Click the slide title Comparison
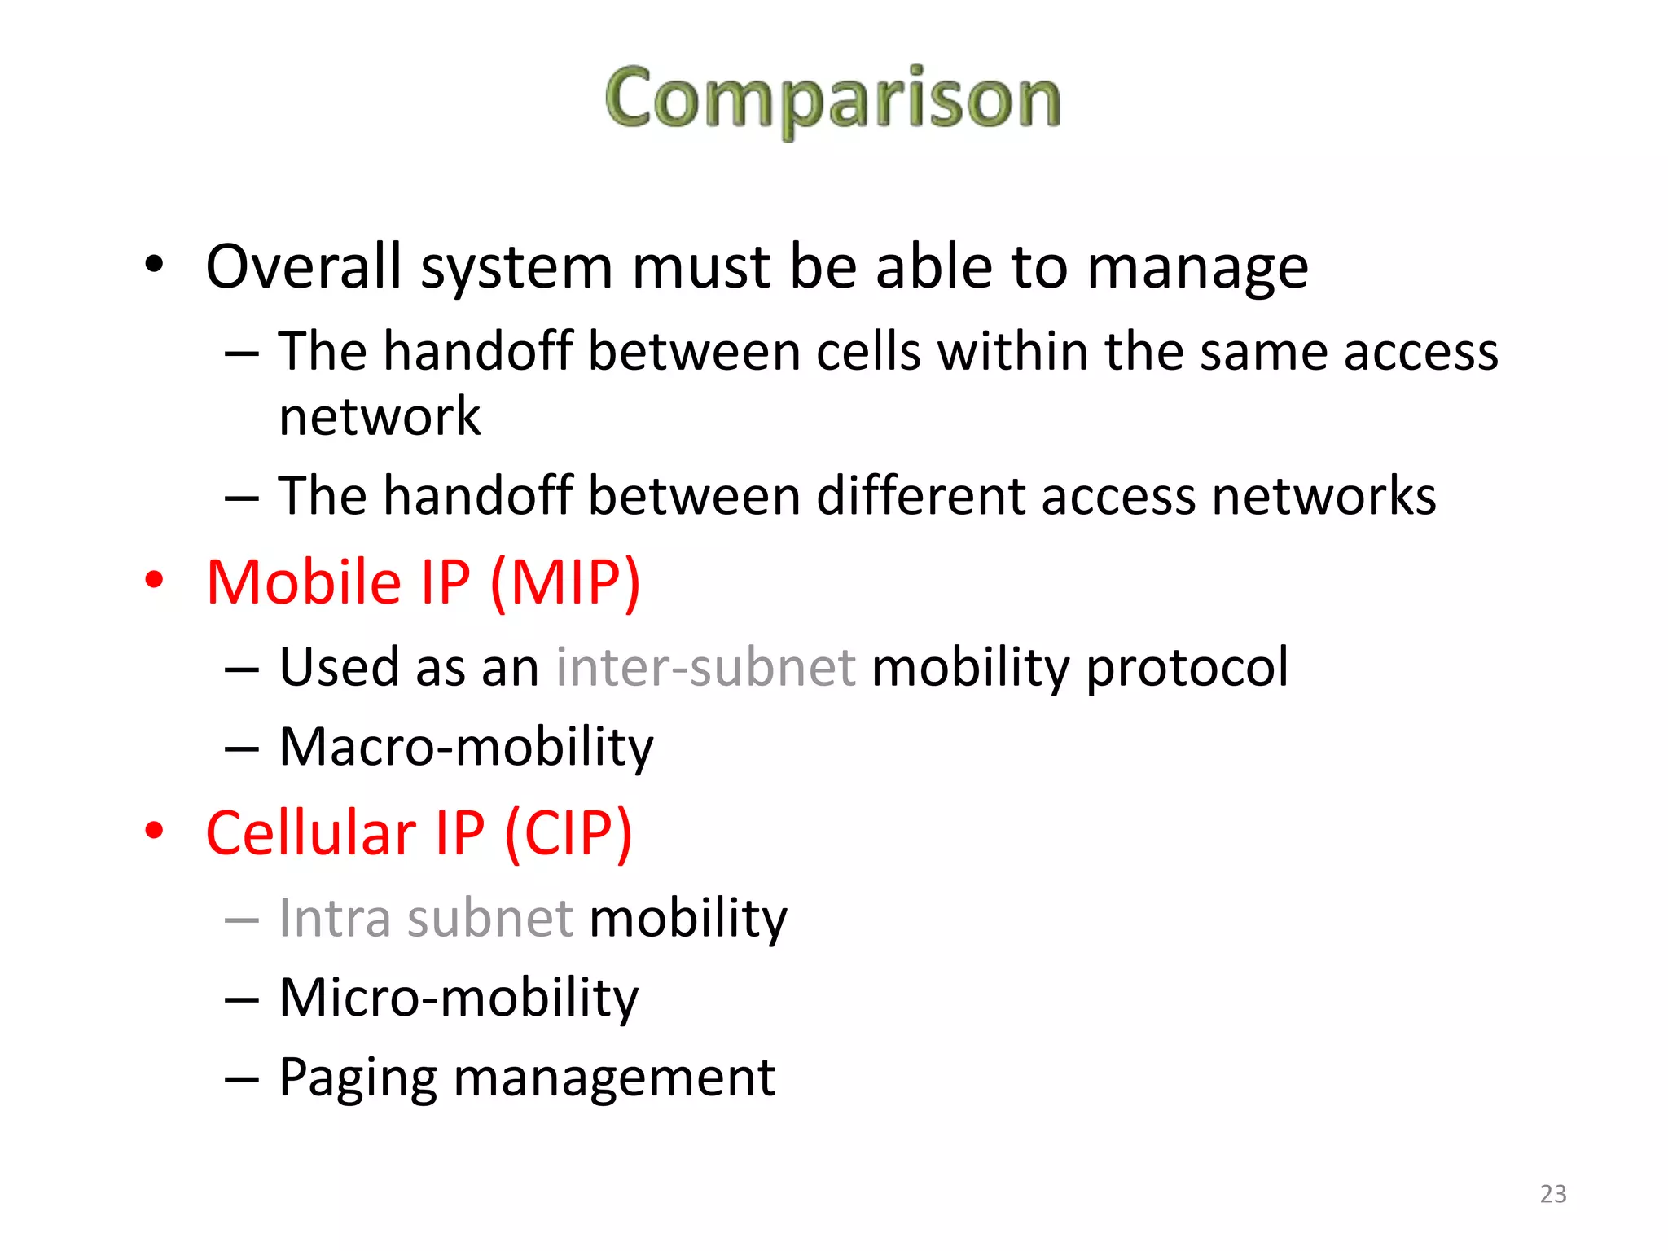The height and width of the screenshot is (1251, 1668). point(832,99)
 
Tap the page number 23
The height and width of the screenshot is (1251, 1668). point(1552,1194)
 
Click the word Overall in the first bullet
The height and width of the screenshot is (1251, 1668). point(304,266)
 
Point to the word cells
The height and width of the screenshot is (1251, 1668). point(868,352)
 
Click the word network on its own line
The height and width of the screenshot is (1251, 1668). point(380,416)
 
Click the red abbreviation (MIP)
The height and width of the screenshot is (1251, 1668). point(565,583)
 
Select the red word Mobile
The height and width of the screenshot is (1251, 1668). point(304,583)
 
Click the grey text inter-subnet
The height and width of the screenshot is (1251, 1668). point(705,667)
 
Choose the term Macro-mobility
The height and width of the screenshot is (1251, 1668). point(466,748)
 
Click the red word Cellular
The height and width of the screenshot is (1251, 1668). point(310,833)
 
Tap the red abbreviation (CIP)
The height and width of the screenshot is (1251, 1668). point(568,834)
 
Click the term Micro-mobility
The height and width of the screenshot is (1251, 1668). point(459,999)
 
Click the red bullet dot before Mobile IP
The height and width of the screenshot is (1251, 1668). point(154,580)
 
